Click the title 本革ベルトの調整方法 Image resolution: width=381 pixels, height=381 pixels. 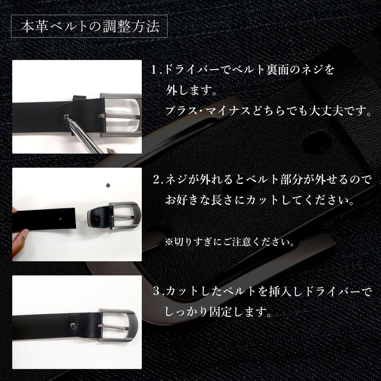point(90,27)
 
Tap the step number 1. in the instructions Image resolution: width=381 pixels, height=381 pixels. point(157,70)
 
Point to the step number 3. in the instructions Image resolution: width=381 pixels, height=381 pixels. point(158,291)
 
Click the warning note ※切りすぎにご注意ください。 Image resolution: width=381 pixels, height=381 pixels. point(230,242)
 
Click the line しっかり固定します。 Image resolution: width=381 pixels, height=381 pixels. point(218,311)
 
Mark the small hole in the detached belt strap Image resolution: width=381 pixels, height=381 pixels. point(61,219)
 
